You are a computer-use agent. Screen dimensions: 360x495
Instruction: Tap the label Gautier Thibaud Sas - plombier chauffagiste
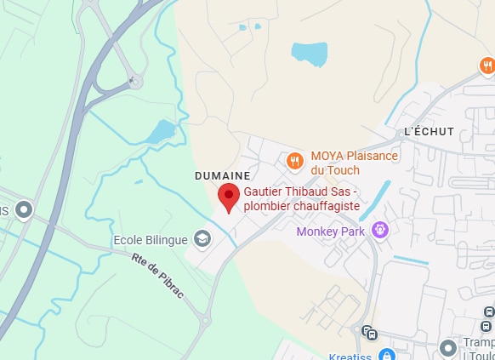point(302,199)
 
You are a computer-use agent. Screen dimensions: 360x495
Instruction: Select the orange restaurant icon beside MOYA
point(295,160)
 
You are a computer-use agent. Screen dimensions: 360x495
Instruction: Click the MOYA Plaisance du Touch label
point(354,163)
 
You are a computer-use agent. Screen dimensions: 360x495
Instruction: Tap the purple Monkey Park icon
point(379,229)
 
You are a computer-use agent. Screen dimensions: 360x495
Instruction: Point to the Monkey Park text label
point(330,231)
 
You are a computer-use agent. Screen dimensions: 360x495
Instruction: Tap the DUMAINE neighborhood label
point(222,175)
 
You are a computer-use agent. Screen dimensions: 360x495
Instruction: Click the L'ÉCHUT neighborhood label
point(429,131)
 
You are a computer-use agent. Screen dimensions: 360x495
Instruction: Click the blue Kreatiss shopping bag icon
point(386,354)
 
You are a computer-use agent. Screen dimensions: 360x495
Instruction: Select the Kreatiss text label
point(350,354)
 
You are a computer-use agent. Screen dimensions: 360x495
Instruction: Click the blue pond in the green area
point(161,131)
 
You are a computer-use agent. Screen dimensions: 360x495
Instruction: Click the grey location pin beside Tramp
point(448,347)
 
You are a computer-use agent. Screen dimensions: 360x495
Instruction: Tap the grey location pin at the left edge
point(24,209)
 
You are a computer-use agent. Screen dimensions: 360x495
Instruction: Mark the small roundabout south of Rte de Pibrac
point(204,321)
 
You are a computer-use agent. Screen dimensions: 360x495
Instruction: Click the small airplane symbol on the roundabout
point(132,81)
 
